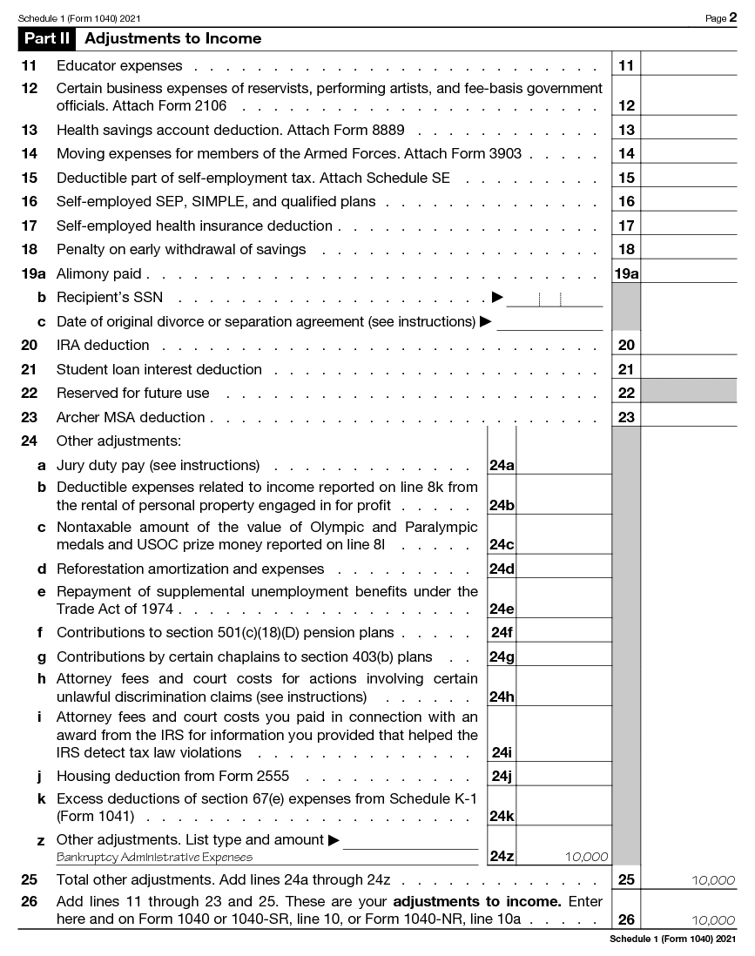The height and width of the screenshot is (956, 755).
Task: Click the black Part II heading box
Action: tap(48, 38)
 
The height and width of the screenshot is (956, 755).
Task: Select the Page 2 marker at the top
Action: tap(721, 17)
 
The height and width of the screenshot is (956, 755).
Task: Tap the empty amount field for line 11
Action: tap(688, 65)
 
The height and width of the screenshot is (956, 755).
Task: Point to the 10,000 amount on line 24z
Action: tap(586, 857)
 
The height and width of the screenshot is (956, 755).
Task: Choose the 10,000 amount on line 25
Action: tap(712, 880)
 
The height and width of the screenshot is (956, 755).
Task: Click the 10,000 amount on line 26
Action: tap(712, 920)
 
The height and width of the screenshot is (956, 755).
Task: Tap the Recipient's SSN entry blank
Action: tap(554, 299)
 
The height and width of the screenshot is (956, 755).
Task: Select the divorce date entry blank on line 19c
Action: tap(549, 322)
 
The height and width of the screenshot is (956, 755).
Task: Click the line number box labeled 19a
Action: tap(626, 273)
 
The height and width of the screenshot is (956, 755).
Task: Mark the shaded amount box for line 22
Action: tap(688, 393)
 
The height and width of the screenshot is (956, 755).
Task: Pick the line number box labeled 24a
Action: tap(502, 465)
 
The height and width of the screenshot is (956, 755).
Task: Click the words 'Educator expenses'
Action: tap(119, 65)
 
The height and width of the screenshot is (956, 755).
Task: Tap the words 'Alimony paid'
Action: tap(98, 273)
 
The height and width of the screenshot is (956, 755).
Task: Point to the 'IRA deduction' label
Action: tap(103, 345)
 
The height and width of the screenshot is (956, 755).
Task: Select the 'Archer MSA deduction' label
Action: tap(131, 417)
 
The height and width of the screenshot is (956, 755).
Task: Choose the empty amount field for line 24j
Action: tap(563, 776)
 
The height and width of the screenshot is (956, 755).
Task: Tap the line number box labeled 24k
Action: tap(502, 817)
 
